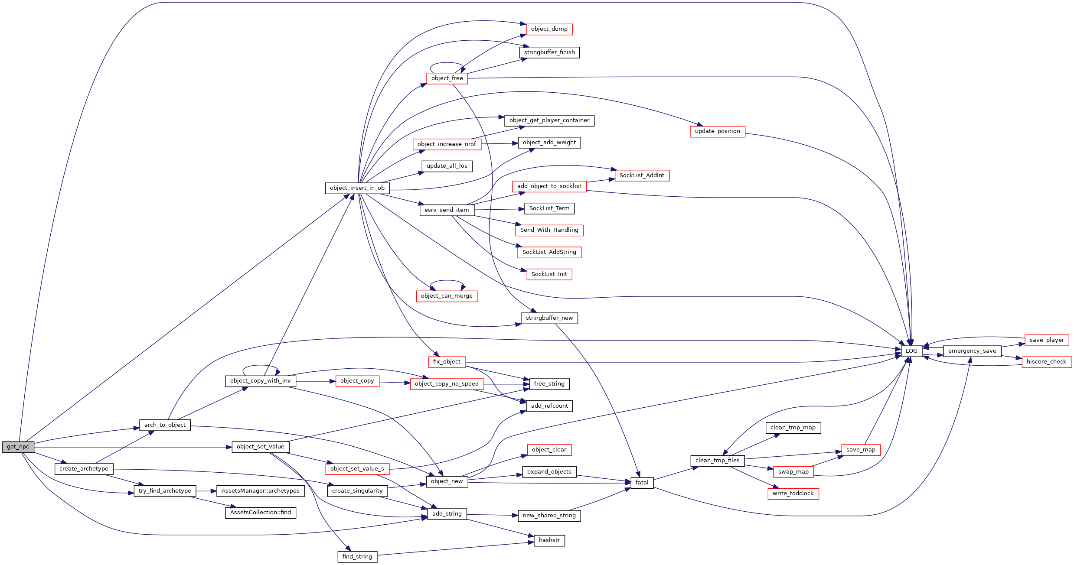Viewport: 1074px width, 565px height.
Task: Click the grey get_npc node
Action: (x=18, y=447)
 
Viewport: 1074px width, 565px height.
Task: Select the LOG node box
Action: (x=911, y=351)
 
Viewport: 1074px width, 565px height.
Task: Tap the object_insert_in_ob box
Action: (x=357, y=188)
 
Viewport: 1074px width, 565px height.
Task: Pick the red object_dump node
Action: (x=549, y=29)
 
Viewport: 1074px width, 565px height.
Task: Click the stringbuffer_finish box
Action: (x=549, y=52)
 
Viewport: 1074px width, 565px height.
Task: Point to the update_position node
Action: (x=717, y=131)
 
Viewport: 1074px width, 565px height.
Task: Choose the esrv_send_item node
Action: (x=447, y=210)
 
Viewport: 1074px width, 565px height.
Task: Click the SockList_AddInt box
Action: (x=642, y=175)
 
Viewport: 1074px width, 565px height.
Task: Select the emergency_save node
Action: (x=972, y=351)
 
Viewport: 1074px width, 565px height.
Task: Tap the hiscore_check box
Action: (x=1046, y=362)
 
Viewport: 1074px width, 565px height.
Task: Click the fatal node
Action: (x=642, y=483)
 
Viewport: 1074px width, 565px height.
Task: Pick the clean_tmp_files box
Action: (x=717, y=461)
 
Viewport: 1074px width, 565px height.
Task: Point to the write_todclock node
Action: (x=793, y=494)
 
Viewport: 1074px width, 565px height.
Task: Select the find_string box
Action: (x=357, y=557)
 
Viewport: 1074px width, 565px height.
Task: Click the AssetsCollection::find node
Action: (x=260, y=513)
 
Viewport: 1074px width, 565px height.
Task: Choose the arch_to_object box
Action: (x=165, y=425)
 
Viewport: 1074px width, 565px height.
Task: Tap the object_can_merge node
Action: (x=447, y=296)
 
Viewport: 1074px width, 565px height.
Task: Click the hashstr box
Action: (x=549, y=540)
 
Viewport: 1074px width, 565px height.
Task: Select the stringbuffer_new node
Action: (x=549, y=318)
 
